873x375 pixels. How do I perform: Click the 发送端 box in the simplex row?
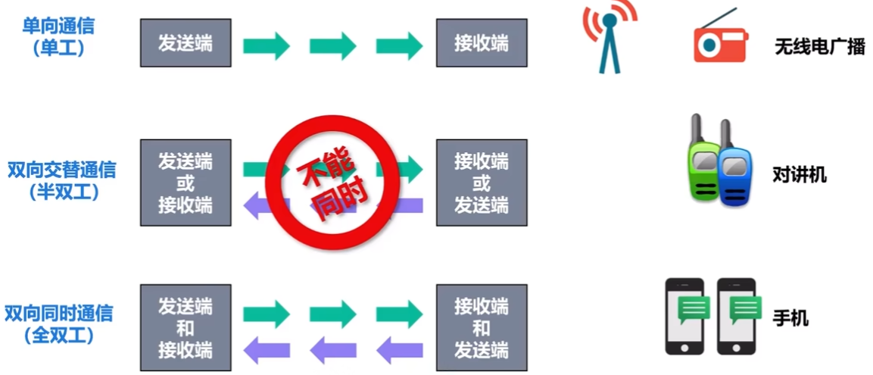pos(186,43)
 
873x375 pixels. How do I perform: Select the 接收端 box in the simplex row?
pos(481,43)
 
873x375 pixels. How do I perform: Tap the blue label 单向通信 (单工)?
pos(58,36)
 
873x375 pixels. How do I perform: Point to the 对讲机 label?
pos(800,175)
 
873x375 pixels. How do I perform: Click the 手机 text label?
pos(790,319)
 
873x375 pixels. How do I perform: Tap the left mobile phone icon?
pos(684,317)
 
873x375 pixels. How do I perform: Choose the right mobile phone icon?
pos(737,317)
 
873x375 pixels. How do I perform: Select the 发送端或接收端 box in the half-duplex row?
pos(186,183)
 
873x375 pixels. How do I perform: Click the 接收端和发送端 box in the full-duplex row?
pos(481,327)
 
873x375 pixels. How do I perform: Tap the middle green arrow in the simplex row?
pos(332,45)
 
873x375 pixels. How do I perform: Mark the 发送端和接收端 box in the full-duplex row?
pos(186,327)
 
